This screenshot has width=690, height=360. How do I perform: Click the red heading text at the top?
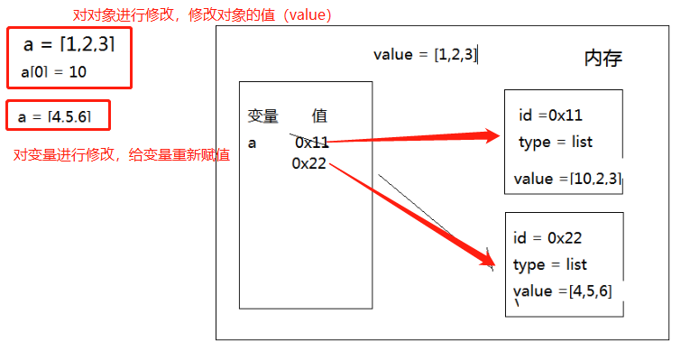(x=202, y=15)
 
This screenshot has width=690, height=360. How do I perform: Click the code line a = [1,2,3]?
(x=69, y=45)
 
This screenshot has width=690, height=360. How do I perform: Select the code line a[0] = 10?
(x=53, y=71)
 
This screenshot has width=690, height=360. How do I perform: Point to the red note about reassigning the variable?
(x=121, y=155)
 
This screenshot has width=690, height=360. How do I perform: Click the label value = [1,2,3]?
(x=425, y=54)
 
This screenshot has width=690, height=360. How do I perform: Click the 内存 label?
(x=603, y=59)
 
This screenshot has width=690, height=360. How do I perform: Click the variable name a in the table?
(x=252, y=143)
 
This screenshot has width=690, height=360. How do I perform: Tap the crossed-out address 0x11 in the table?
(x=311, y=143)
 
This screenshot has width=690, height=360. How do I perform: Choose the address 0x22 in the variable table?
(x=308, y=162)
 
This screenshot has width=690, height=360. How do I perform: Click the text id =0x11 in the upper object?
(x=550, y=115)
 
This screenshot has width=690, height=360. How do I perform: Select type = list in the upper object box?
(x=556, y=143)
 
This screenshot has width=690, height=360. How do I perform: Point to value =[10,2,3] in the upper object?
(x=567, y=179)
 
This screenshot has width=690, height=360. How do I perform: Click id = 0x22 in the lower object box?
(x=547, y=238)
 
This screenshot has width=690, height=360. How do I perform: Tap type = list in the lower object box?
(x=550, y=264)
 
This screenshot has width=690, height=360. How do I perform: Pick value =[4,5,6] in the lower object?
(x=563, y=291)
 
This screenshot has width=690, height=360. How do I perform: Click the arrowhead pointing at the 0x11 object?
(x=491, y=136)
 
